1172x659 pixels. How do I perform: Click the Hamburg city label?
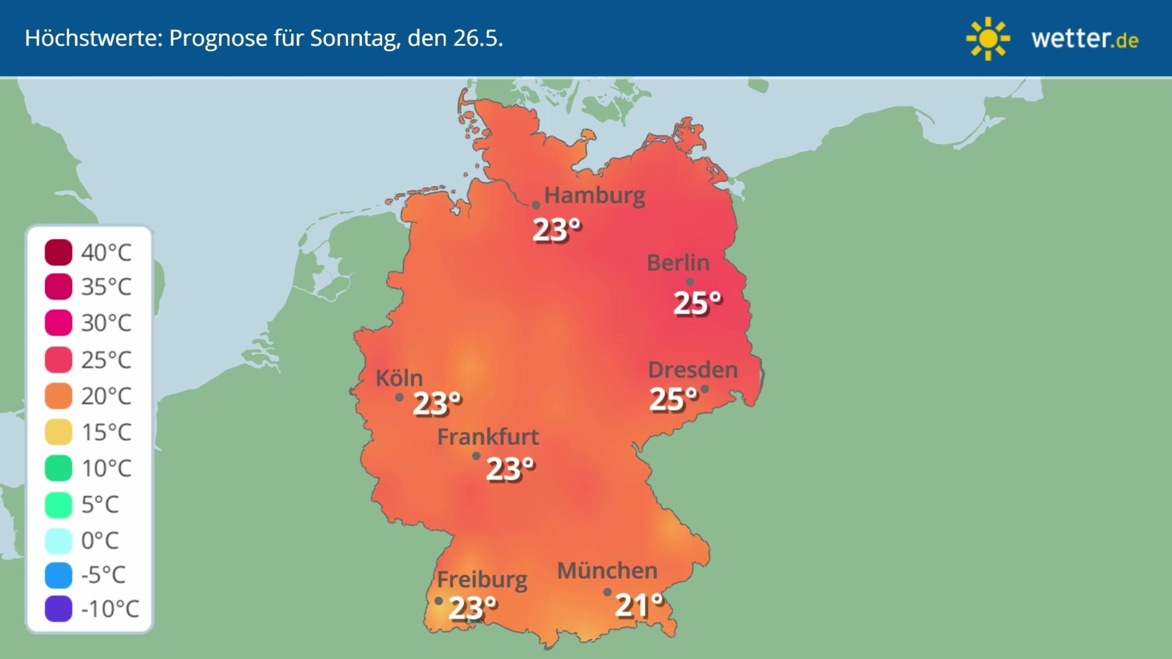point(594,196)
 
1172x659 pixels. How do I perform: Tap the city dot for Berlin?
point(690,282)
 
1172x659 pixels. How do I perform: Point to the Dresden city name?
point(693,370)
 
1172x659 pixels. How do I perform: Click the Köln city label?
point(399,378)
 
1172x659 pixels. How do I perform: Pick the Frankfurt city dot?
point(476,456)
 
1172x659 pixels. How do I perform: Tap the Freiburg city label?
point(482,580)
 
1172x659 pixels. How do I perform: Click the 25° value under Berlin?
point(697,303)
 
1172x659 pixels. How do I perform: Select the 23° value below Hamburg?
point(556,230)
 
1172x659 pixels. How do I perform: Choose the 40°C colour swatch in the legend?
point(59,252)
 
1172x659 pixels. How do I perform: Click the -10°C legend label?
point(110,609)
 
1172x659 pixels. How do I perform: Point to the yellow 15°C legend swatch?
point(59,432)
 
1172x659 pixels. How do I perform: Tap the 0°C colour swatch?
point(59,540)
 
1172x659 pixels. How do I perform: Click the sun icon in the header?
point(988,39)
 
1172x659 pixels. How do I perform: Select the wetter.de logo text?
point(1085,39)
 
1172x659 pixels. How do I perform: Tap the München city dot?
point(607,592)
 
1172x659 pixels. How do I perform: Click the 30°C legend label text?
point(106,323)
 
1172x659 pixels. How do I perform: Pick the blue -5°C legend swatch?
point(59,575)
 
